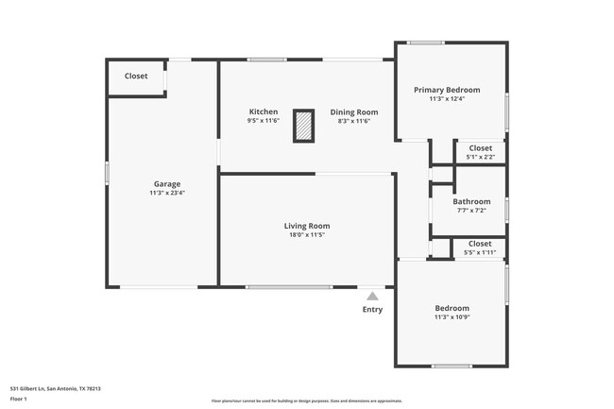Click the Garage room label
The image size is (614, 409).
[167, 183]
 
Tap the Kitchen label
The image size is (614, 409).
[264, 111]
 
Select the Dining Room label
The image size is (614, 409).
[353, 111]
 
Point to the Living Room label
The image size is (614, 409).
[307, 226]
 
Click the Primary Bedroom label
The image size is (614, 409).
[447, 90]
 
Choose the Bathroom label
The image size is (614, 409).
[471, 201]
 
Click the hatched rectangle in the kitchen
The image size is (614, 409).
[303, 126]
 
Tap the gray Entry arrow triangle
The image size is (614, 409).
[372, 296]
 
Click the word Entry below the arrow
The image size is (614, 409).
[372, 309]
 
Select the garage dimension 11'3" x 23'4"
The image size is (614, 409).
[167, 193]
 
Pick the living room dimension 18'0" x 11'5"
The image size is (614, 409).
[307, 235]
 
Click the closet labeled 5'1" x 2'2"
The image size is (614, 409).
[480, 152]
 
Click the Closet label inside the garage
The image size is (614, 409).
[136, 76]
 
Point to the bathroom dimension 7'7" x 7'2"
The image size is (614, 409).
[471, 211]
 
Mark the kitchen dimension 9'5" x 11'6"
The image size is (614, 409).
[264, 121]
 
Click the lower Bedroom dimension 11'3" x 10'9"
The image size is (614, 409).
[452, 317]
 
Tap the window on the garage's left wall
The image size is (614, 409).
[107, 173]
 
